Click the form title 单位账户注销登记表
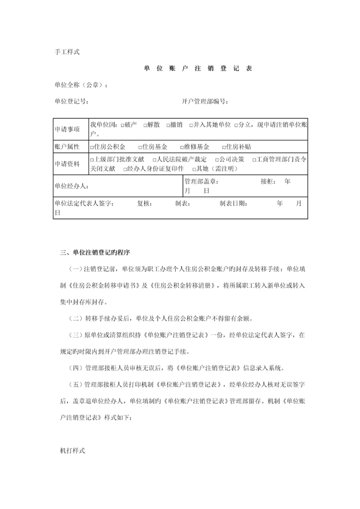198,68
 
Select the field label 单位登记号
71,101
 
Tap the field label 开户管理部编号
205,101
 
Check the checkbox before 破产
122,125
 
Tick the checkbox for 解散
144,125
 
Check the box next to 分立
235,125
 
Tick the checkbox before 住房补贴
223,147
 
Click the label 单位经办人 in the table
71,186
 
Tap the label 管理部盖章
201,182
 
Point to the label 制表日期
233,204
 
